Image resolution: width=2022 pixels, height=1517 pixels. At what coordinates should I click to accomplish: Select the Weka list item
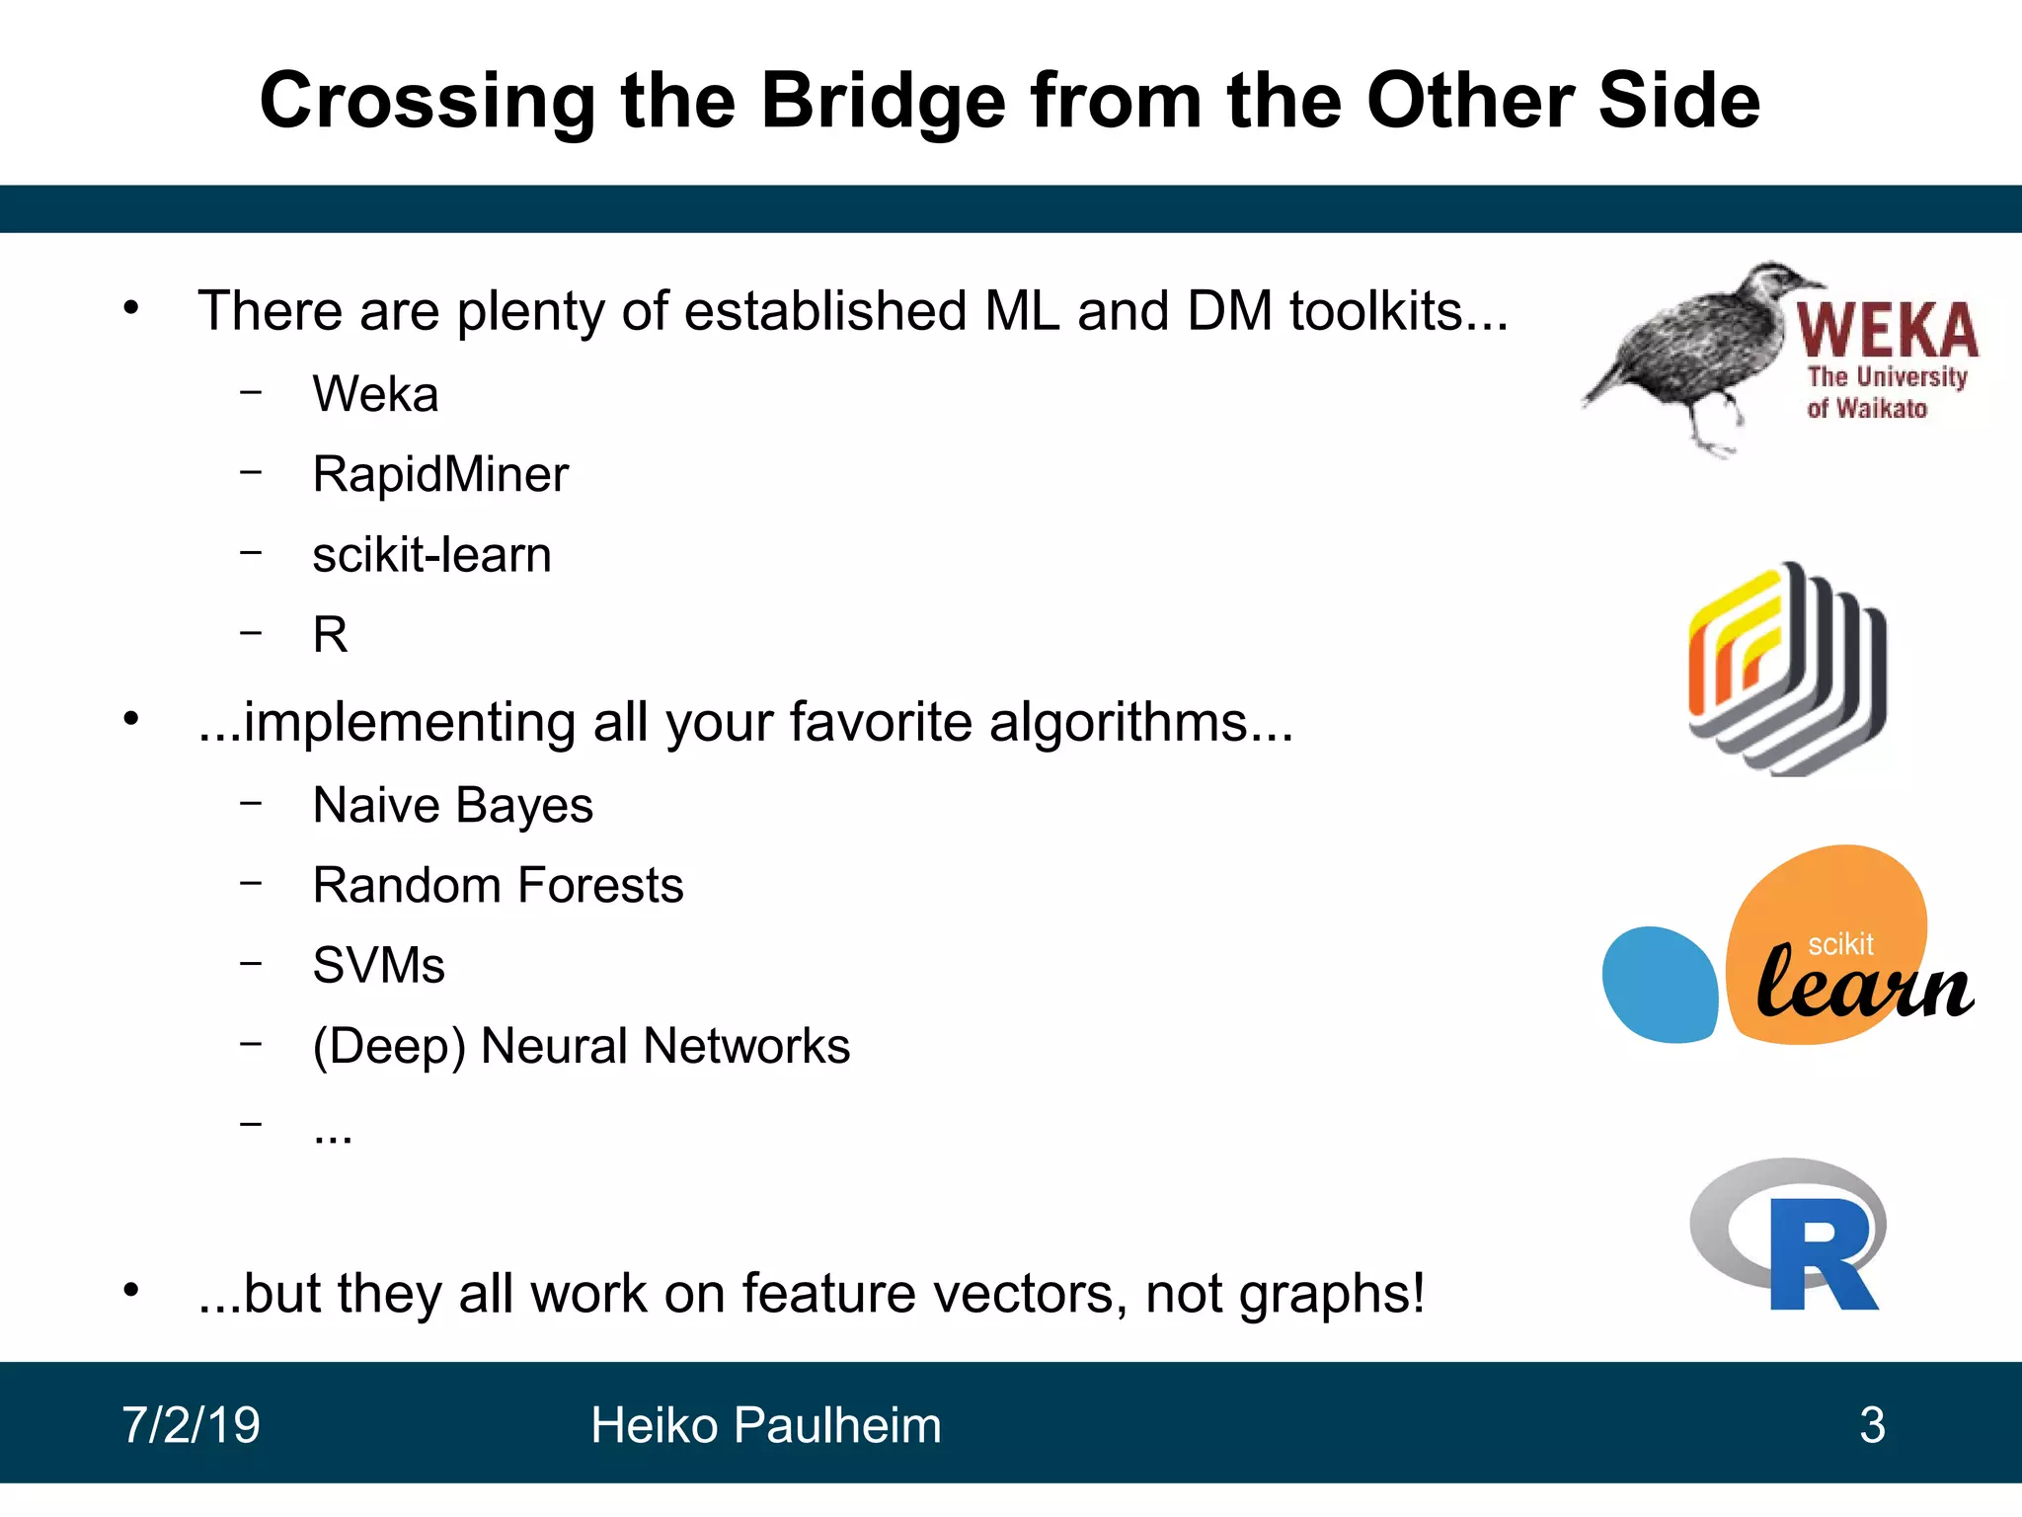[375, 394]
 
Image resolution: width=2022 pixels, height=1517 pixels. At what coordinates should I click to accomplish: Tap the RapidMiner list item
[440, 474]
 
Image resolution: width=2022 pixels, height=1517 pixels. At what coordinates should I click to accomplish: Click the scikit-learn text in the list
[431, 555]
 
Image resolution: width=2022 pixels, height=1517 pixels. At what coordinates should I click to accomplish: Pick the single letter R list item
[330, 635]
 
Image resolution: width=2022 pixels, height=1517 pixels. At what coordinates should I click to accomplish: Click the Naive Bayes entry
[452, 805]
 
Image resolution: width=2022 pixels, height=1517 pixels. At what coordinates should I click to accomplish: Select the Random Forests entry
[498, 885]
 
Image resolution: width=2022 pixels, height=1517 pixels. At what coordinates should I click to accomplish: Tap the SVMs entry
[378, 966]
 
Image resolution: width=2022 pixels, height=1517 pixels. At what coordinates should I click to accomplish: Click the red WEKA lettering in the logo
[1886, 332]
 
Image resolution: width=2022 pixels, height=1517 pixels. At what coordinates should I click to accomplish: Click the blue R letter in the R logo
[1822, 1256]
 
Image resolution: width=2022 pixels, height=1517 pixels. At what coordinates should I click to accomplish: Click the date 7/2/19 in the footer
[191, 1425]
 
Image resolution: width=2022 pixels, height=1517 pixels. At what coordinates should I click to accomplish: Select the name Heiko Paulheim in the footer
[765, 1425]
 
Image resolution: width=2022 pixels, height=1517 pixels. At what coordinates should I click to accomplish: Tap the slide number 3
[1872, 1425]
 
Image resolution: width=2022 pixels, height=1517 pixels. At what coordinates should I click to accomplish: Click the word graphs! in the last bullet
[1332, 1294]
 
